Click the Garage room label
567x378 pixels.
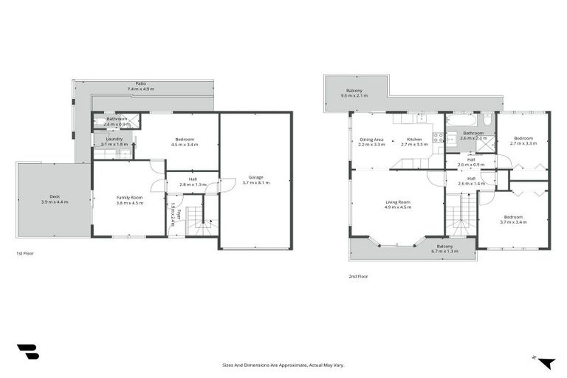pos(256,177)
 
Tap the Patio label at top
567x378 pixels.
pos(140,83)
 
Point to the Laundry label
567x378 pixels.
pos(114,139)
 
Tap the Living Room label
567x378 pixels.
pos(397,202)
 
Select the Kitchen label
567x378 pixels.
pos(414,139)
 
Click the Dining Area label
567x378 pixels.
pos(371,139)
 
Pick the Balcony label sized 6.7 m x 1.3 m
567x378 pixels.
pos(444,246)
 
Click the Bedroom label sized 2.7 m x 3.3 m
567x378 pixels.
pos(523,138)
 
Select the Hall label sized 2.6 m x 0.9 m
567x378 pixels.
pos(471,158)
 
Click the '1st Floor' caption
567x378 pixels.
pos(25,253)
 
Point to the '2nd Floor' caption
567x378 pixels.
pos(358,276)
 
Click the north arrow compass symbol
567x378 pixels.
pos(546,362)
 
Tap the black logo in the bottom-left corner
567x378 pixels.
pos(27,352)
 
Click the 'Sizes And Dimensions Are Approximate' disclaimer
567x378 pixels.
pos(283,365)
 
